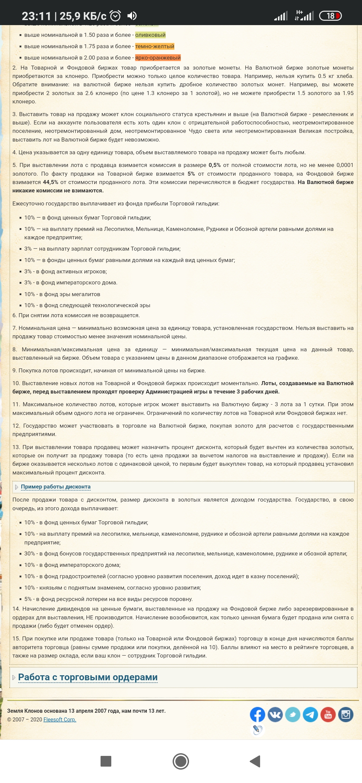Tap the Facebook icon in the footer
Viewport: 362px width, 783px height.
(x=257, y=714)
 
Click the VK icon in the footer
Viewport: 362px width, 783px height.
(x=275, y=714)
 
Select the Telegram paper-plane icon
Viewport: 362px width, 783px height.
(x=310, y=714)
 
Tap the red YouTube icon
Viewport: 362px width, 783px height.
(x=328, y=714)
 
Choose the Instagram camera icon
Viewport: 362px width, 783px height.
(x=346, y=714)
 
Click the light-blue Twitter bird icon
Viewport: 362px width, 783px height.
(x=293, y=714)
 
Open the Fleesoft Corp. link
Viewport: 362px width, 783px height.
(x=60, y=719)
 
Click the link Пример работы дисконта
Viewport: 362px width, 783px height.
(x=56, y=487)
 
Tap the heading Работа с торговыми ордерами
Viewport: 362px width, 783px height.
(x=88, y=677)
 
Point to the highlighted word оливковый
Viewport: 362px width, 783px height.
(x=150, y=35)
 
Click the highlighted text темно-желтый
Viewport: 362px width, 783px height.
(x=155, y=46)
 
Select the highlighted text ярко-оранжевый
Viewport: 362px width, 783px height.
(x=158, y=58)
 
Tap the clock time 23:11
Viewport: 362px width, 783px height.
(x=36, y=16)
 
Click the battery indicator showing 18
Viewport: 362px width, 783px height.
(x=330, y=16)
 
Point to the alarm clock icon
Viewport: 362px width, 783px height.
(x=115, y=16)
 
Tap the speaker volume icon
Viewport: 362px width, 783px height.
(x=132, y=16)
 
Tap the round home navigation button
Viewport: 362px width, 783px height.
(x=181, y=761)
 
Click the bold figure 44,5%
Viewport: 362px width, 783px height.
(x=51, y=182)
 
